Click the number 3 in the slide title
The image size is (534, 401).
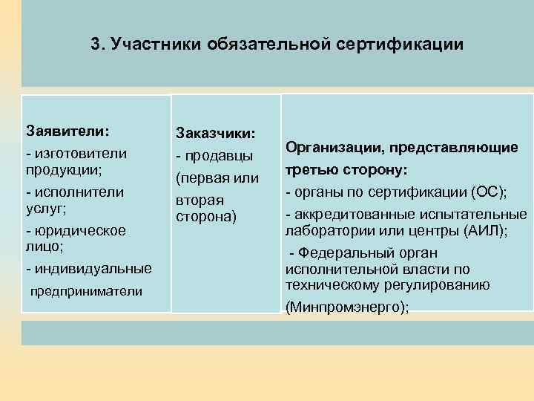[x=96, y=44]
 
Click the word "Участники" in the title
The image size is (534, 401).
[x=147, y=44]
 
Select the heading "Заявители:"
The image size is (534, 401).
[x=67, y=130]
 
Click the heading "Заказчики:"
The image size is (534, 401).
[x=216, y=133]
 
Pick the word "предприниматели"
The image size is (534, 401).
[x=86, y=291]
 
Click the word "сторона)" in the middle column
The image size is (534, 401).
[x=205, y=217]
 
